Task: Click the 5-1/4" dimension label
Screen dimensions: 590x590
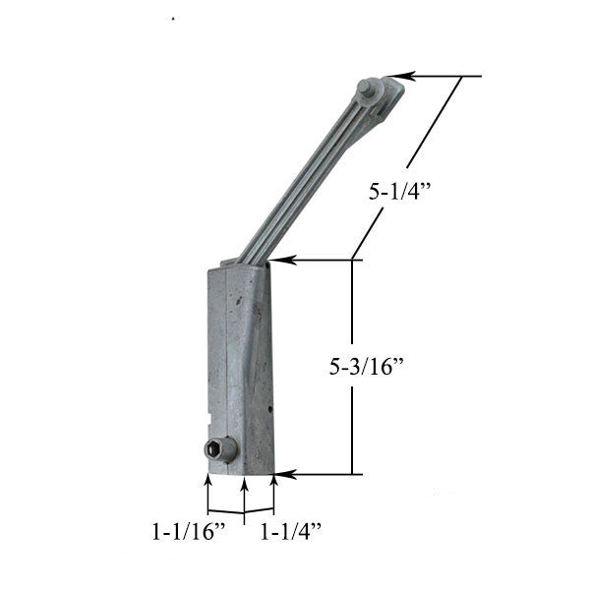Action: click(399, 194)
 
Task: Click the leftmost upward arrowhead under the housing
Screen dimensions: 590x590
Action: click(207, 481)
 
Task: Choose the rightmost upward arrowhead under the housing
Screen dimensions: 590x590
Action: click(272, 481)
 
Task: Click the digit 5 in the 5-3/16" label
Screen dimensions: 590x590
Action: click(335, 368)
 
